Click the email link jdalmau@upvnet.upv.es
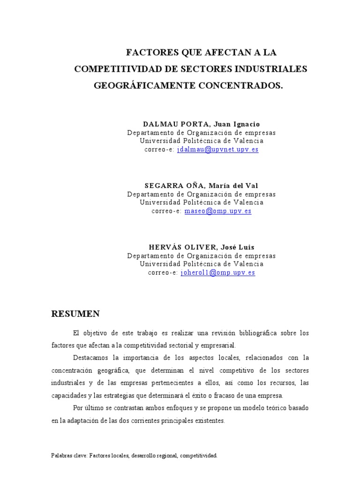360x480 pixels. pyautogui.click(x=217, y=150)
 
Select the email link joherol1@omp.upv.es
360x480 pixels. pyautogui.click(x=217, y=272)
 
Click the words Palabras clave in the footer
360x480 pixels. pyautogui.click(x=68, y=455)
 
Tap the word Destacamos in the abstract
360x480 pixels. pyautogui.click(x=90, y=358)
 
